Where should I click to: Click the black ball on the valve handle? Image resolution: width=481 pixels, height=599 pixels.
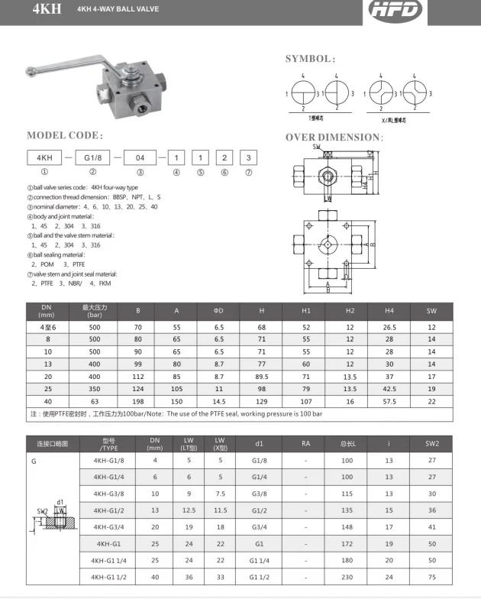pos(33,74)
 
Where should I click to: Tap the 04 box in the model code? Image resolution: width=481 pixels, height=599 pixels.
pos(140,158)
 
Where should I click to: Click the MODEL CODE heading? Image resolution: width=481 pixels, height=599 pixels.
pos(65,135)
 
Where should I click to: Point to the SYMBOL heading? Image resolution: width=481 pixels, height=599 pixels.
pos(310,59)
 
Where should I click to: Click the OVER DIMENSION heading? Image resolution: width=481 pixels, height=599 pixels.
pos(344,138)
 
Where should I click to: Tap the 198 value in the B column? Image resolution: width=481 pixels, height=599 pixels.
pos(138,401)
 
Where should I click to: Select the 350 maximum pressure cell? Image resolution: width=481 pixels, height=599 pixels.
pos(95,388)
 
